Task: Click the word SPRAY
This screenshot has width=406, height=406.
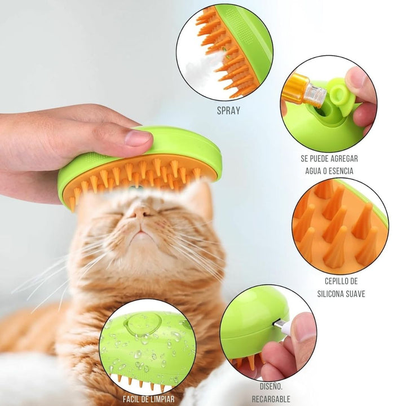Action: pyautogui.click(x=228, y=111)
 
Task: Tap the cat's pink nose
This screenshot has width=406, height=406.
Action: pyautogui.click(x=140, y=213)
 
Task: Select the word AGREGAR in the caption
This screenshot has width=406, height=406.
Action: pyautogui.click(x=343, y=158)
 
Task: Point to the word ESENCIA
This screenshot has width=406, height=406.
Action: pyautogui.click(x=340, y=171)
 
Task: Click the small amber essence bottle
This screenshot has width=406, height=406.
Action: pyautogui.click(x=303, y=90)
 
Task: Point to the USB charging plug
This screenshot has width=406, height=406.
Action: pyautogui.click(x=281, y=325)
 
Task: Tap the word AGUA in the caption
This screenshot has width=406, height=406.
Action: pyautogui.click(x=314, y=171)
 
